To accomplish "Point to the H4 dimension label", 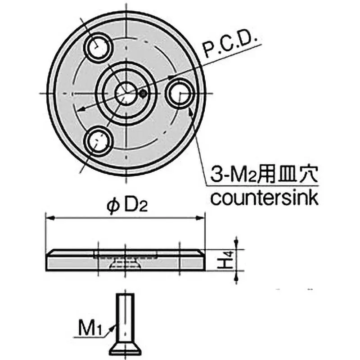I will point(229,260).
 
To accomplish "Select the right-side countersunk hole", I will point(180,93).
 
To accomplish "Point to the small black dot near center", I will point(143,94).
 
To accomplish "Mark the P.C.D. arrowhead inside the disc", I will point(79,109).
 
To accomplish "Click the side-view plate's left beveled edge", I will point(50,252).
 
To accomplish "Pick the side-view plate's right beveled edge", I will point(201,252).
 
